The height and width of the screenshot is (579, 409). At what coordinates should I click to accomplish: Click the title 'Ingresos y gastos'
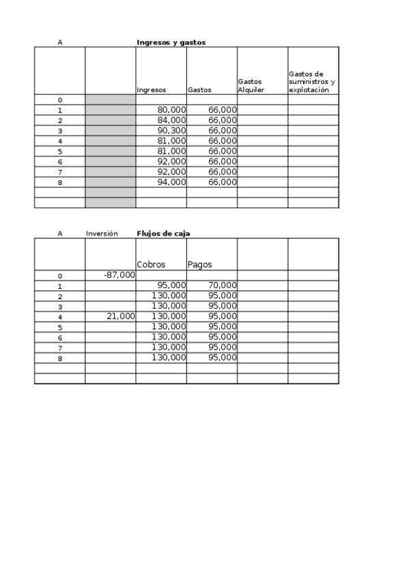click(171, 42)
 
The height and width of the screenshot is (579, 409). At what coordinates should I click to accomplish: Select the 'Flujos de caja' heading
click(163, 234)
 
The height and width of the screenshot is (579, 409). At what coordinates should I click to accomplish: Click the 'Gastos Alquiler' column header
click(251, 85)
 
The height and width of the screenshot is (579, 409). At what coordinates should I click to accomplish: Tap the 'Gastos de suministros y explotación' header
click(311, 81)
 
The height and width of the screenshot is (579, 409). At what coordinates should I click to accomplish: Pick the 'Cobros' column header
click(151, 264)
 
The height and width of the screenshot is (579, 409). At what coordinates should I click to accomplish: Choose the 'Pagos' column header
click(199, 264)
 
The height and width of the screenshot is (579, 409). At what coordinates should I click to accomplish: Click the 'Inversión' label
click(102, 234)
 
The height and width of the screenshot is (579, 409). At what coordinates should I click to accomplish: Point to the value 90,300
click(171, 130)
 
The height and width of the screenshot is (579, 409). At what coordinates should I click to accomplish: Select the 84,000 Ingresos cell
click(171, 120)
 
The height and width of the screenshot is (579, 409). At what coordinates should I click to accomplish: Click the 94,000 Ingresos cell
click(171, 182)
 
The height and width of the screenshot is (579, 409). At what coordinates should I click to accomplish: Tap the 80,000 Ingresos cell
click(171, 110)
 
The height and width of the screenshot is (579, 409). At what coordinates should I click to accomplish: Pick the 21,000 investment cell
click(121, 316)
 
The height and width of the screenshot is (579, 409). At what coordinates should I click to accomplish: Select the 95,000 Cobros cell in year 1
click(171, 285)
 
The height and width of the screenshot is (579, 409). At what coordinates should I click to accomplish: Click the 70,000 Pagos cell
click(223, 285)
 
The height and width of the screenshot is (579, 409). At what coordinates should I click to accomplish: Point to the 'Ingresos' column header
click(151, 89)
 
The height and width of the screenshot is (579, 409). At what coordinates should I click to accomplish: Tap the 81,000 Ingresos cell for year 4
click(171, 141)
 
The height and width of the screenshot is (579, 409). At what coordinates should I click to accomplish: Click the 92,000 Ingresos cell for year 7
click(171, 172)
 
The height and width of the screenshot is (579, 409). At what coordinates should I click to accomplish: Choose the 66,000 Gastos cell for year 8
click(223, 182)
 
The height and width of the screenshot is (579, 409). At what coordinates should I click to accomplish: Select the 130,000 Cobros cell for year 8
click(169, 357)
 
